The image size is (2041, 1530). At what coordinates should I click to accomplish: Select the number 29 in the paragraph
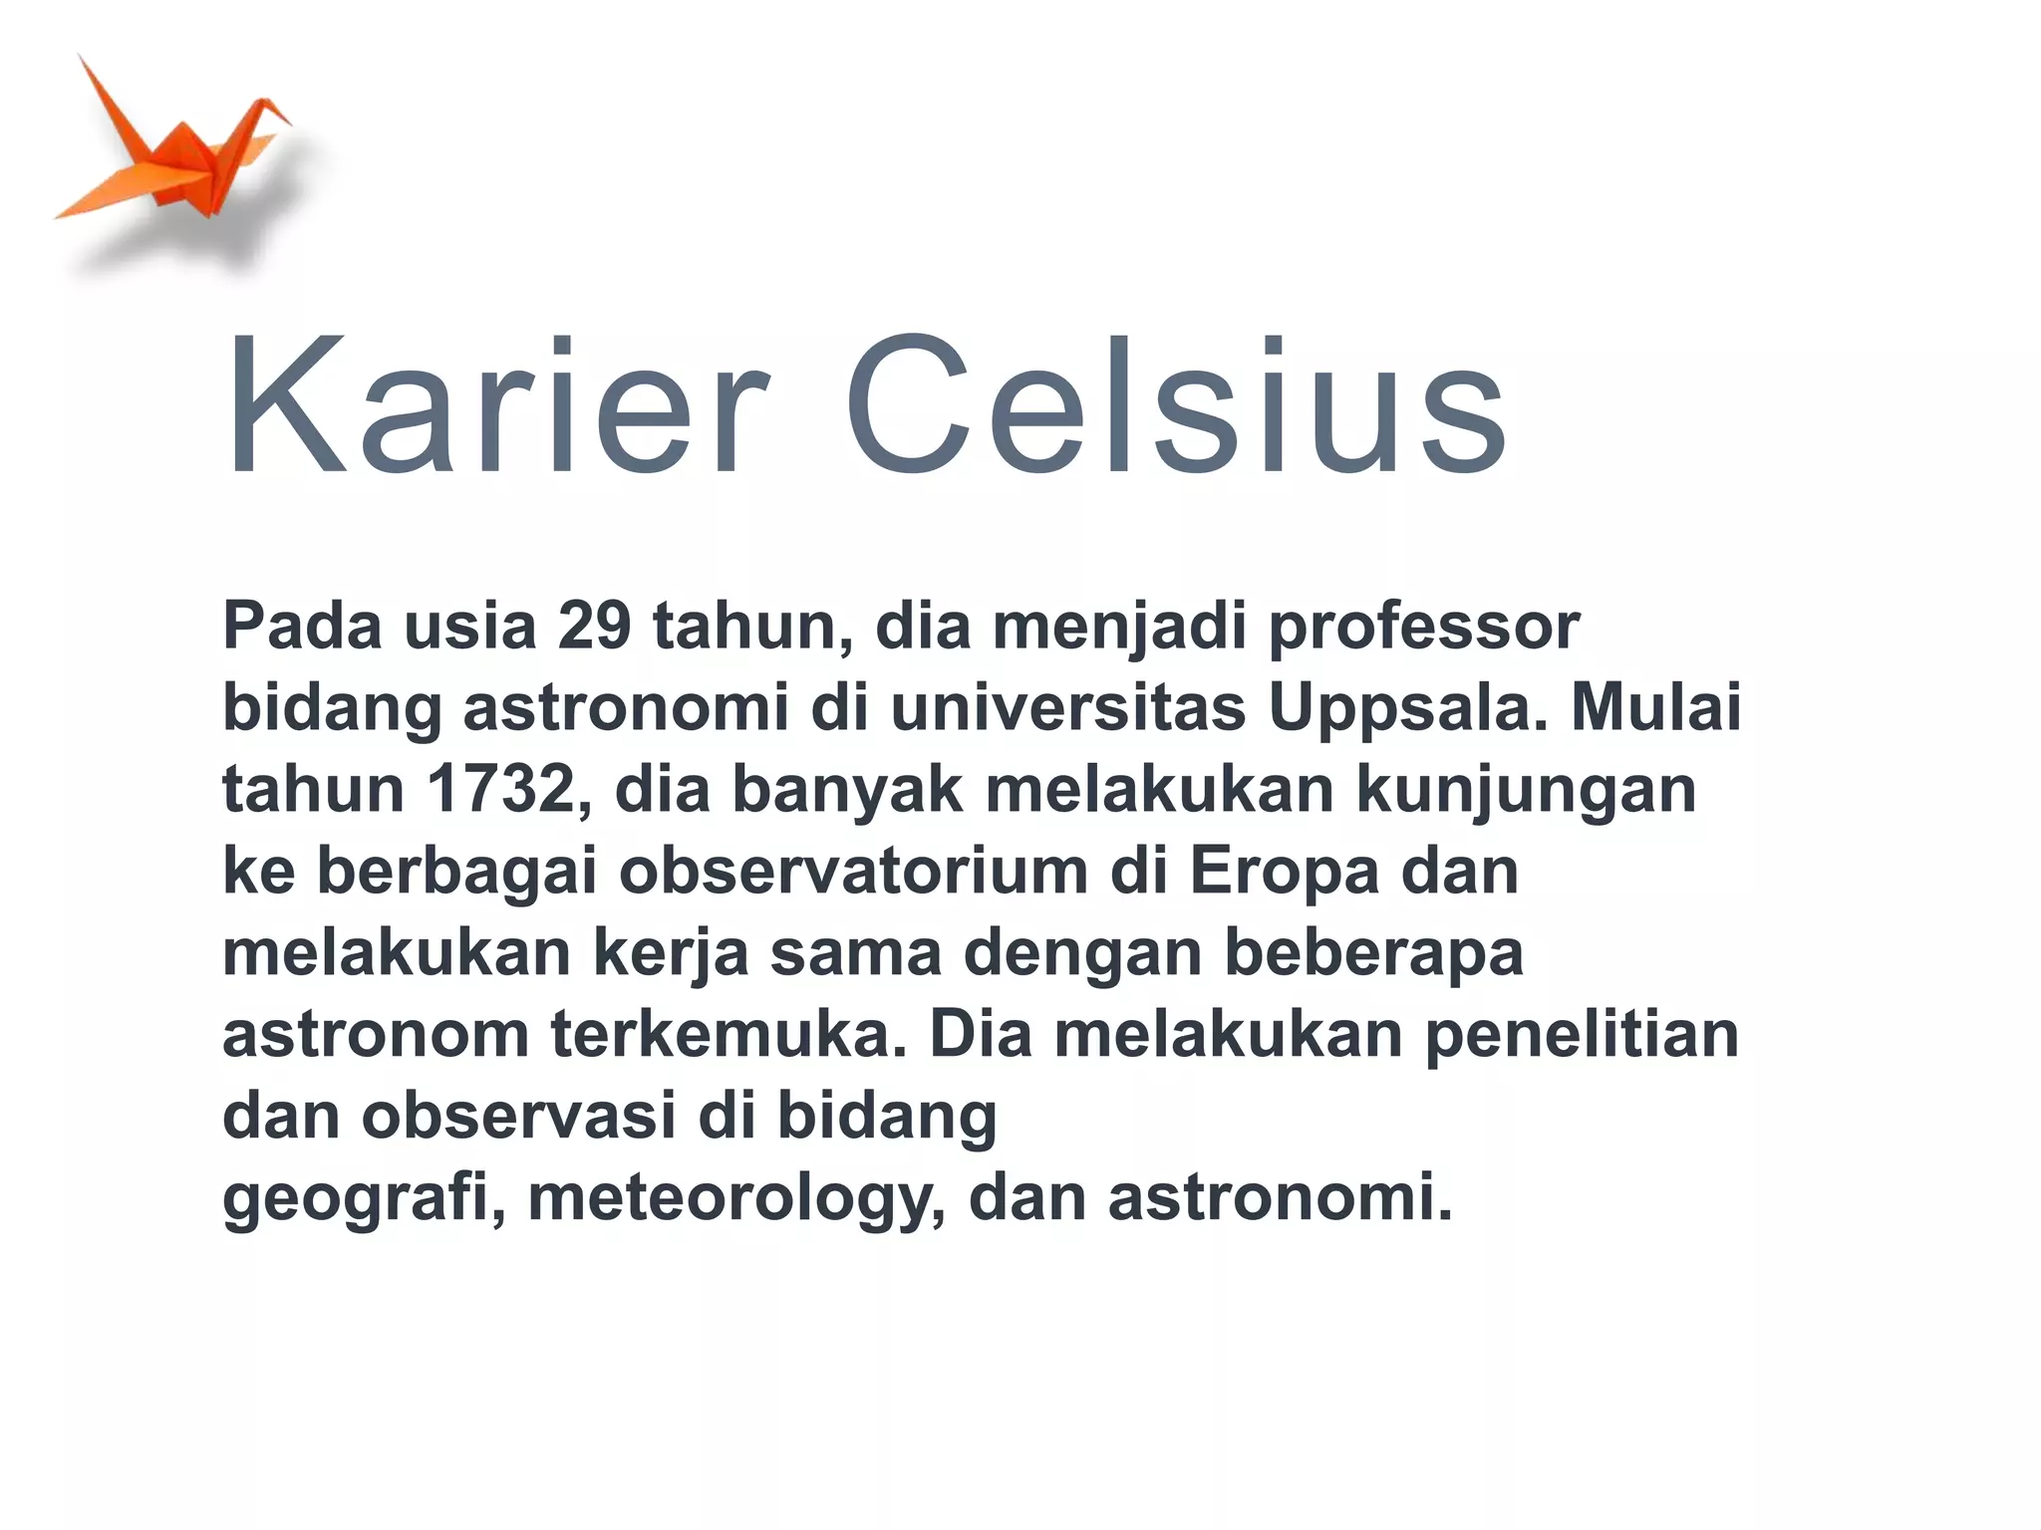(x=594, y=626)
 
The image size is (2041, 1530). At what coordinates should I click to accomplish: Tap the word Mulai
(x=1655, y=707)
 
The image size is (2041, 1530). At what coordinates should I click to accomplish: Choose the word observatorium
(x=853, y=871)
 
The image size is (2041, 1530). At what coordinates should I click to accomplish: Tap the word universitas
(x=1067, y=707)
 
